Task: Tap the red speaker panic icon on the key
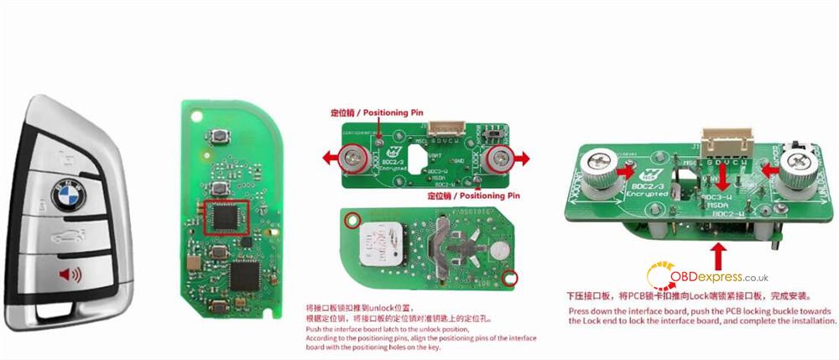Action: pyautogui.click(x=65, y=274)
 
